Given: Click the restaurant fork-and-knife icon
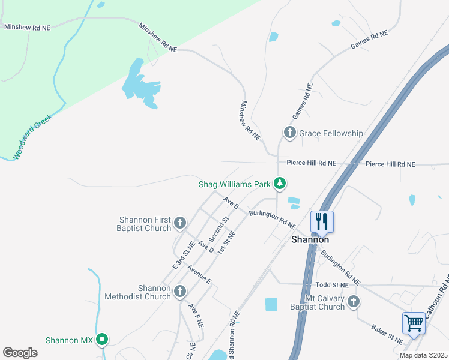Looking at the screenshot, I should (322, 221).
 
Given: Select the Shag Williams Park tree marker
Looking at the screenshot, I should (279, 184).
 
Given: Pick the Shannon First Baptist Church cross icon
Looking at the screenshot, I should (179, 224).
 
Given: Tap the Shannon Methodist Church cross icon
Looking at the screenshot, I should (179, 292).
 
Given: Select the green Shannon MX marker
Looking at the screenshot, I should (102, 340).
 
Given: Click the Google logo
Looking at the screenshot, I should (20, 353).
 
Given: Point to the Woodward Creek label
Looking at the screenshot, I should (33, 136).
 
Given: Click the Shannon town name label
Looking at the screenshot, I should (310, 239).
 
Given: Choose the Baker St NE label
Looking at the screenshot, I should (387, 335).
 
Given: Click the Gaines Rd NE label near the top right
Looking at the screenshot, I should (369, 41).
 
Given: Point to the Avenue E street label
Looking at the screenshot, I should (199, 274).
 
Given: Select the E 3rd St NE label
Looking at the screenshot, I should (183, 254).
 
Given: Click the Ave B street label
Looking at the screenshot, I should (231, 202).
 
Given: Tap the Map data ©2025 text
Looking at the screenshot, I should (423, 355).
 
